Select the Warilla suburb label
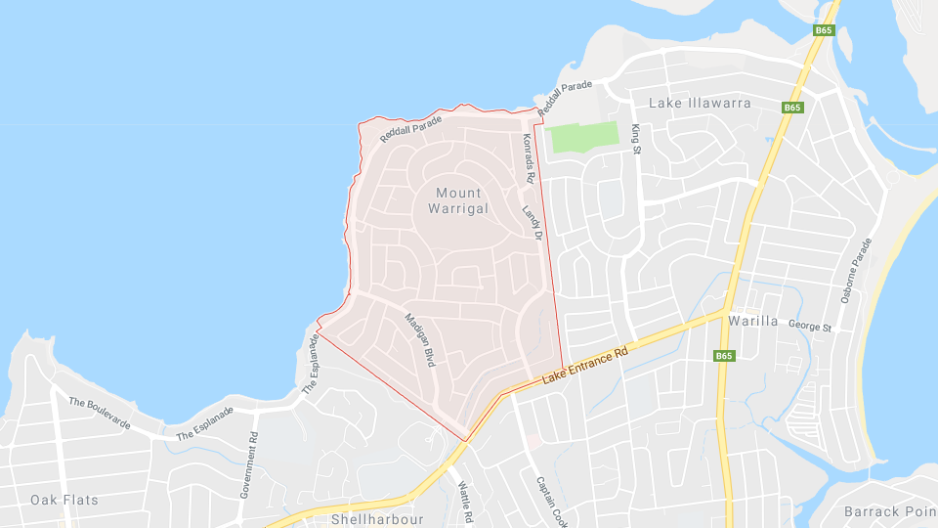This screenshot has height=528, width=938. [752, 320]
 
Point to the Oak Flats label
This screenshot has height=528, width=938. [64, 500]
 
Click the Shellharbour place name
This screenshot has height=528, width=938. [377, 519]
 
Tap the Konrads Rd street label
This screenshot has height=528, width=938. [529, 157]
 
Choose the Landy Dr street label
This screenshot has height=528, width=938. [532, 223]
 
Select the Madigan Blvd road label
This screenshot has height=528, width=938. [419, 338]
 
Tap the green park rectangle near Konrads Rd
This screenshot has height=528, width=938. [584, 137]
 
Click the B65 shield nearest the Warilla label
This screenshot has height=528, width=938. [723, 356]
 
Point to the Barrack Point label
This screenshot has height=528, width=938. [889, 511]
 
